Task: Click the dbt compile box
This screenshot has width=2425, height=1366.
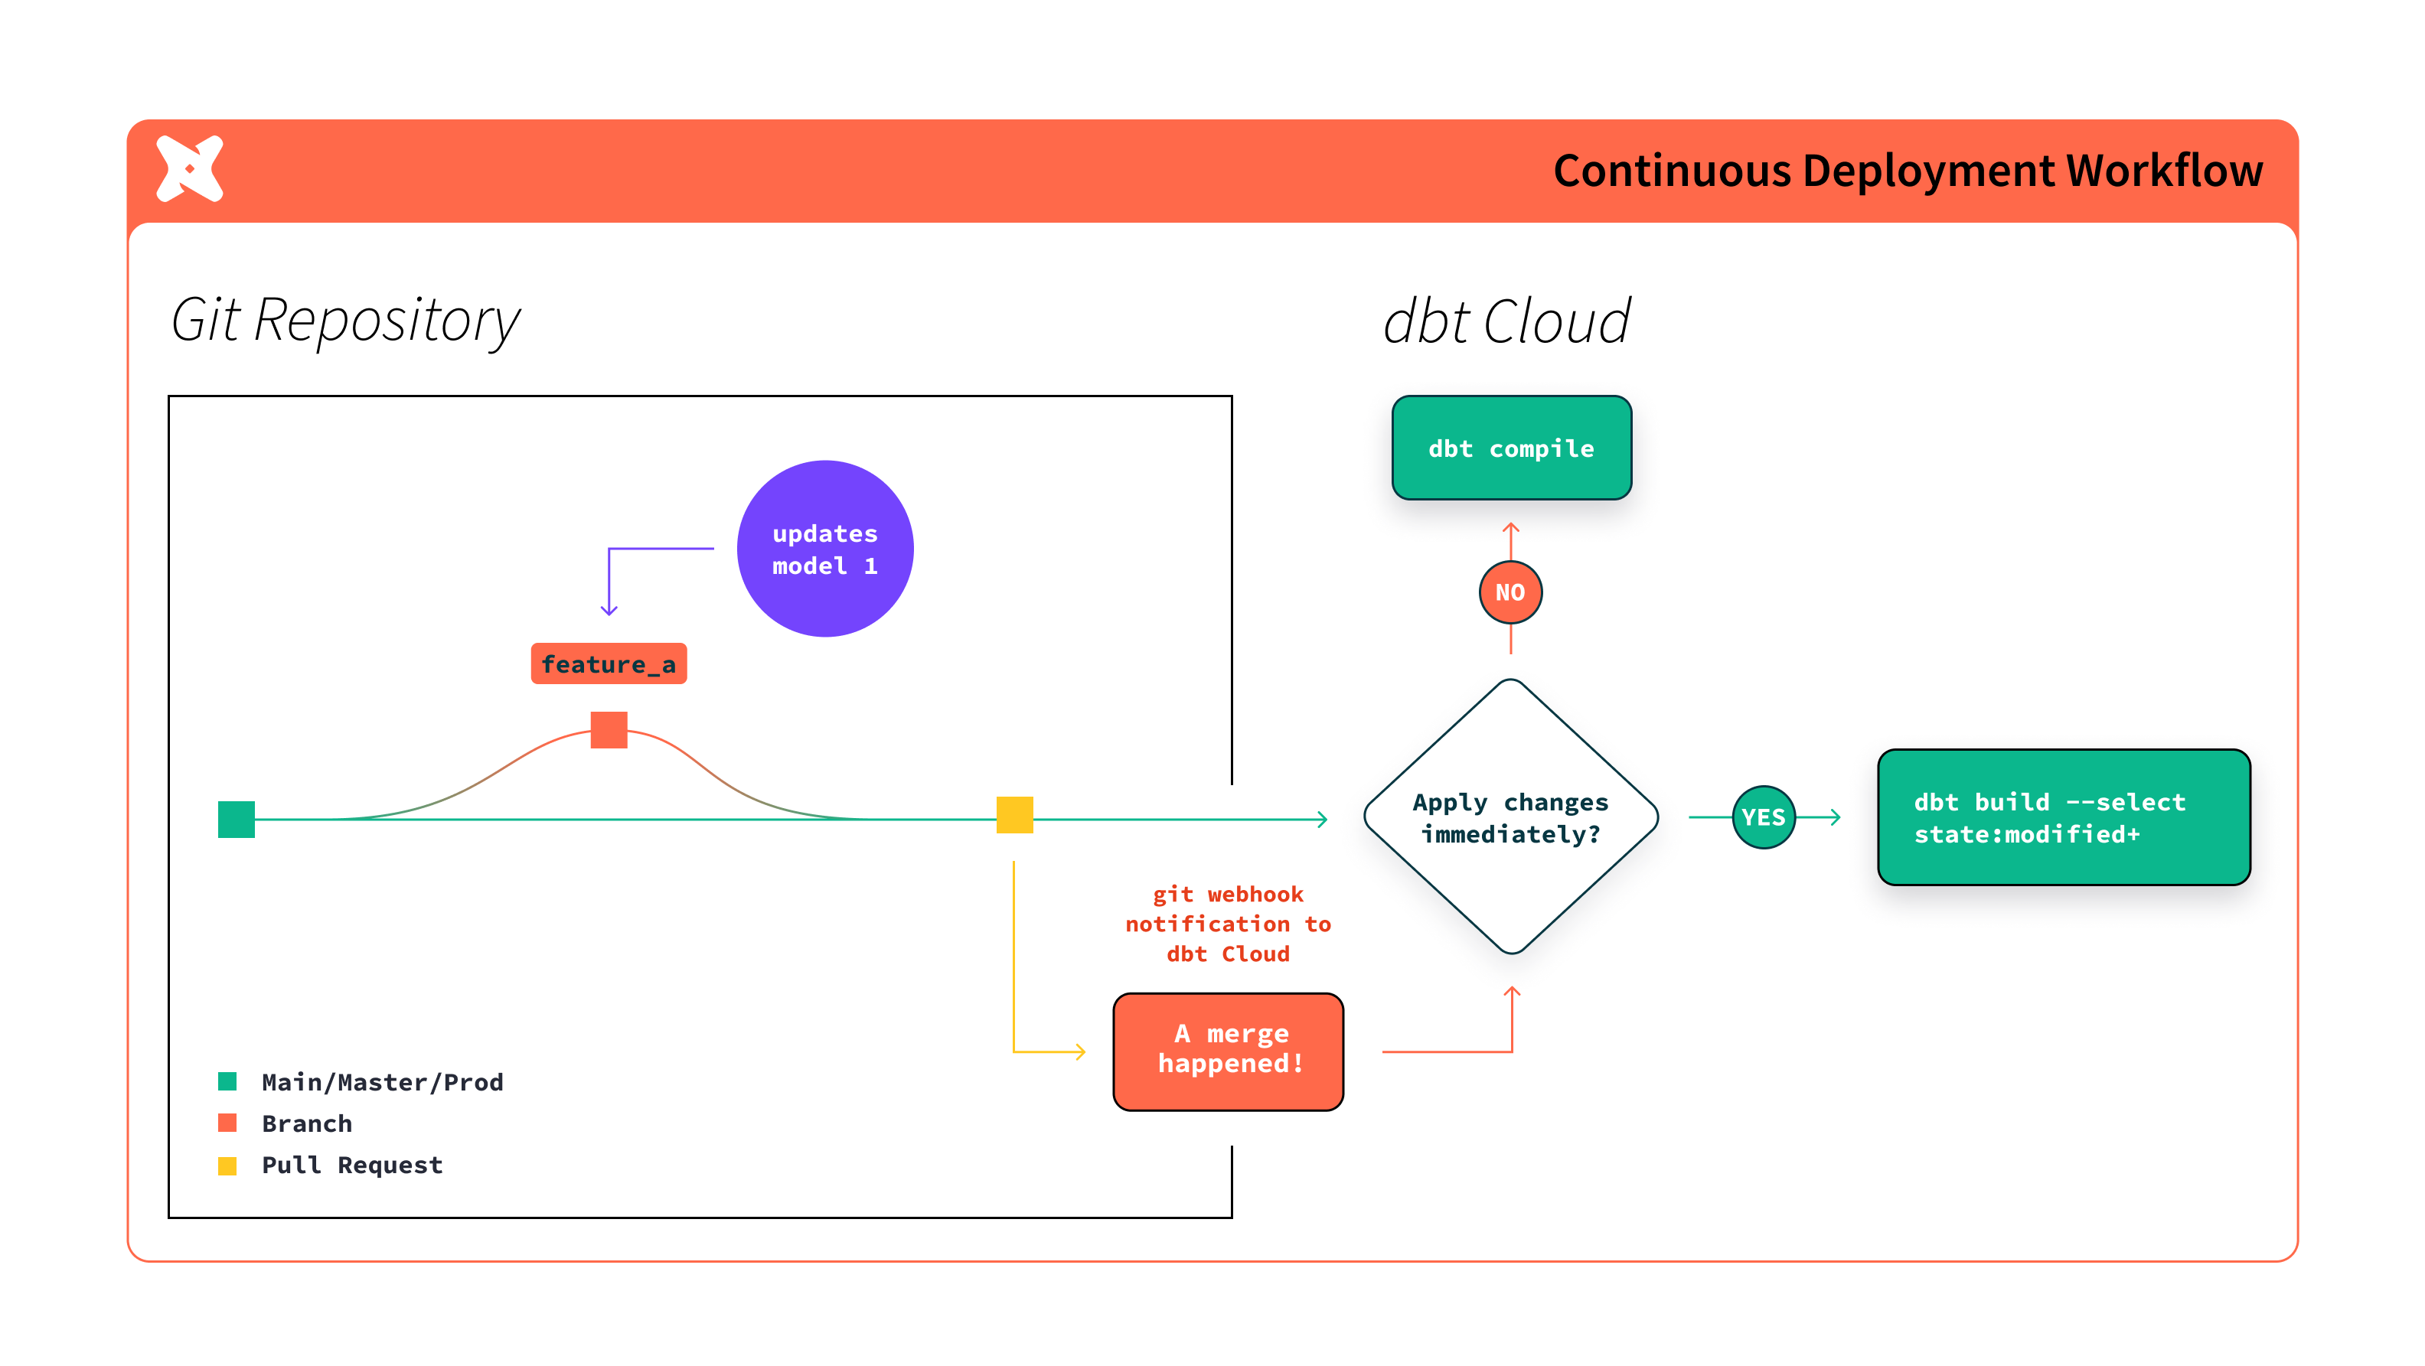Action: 1511,448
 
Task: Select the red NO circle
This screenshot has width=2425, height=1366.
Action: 1510,592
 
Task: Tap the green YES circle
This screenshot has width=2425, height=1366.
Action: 1763,817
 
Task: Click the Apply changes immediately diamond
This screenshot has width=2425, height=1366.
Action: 1510,817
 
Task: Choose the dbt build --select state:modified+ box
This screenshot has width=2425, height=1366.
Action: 2064,817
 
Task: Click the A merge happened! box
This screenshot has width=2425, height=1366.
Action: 1228,1051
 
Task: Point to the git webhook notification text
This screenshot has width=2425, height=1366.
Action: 1228,924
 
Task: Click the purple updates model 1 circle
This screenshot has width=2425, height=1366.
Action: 824,549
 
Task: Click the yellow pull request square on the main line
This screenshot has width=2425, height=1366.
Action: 1014,814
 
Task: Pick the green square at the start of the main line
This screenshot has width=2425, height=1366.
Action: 237,819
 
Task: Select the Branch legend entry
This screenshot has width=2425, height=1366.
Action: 306,1123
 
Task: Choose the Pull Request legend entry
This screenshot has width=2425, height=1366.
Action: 351,1165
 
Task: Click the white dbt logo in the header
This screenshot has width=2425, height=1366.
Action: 190,168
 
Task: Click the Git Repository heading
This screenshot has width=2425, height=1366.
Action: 344,320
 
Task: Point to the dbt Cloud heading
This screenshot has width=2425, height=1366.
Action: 1506,322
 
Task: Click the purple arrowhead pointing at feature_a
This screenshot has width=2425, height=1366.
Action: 609,610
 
